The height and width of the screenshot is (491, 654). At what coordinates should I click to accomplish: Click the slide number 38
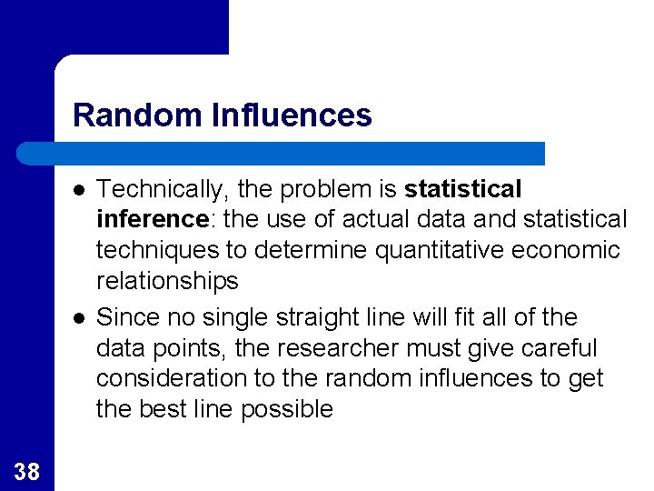27,471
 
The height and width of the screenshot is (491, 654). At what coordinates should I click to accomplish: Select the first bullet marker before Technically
80,190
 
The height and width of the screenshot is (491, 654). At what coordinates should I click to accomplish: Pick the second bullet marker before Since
80,318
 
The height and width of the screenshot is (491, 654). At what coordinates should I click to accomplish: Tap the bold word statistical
463,189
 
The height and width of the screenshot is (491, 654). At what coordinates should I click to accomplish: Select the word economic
569,250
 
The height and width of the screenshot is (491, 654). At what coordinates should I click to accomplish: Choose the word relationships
167,281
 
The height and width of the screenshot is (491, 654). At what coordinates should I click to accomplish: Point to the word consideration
172,378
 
